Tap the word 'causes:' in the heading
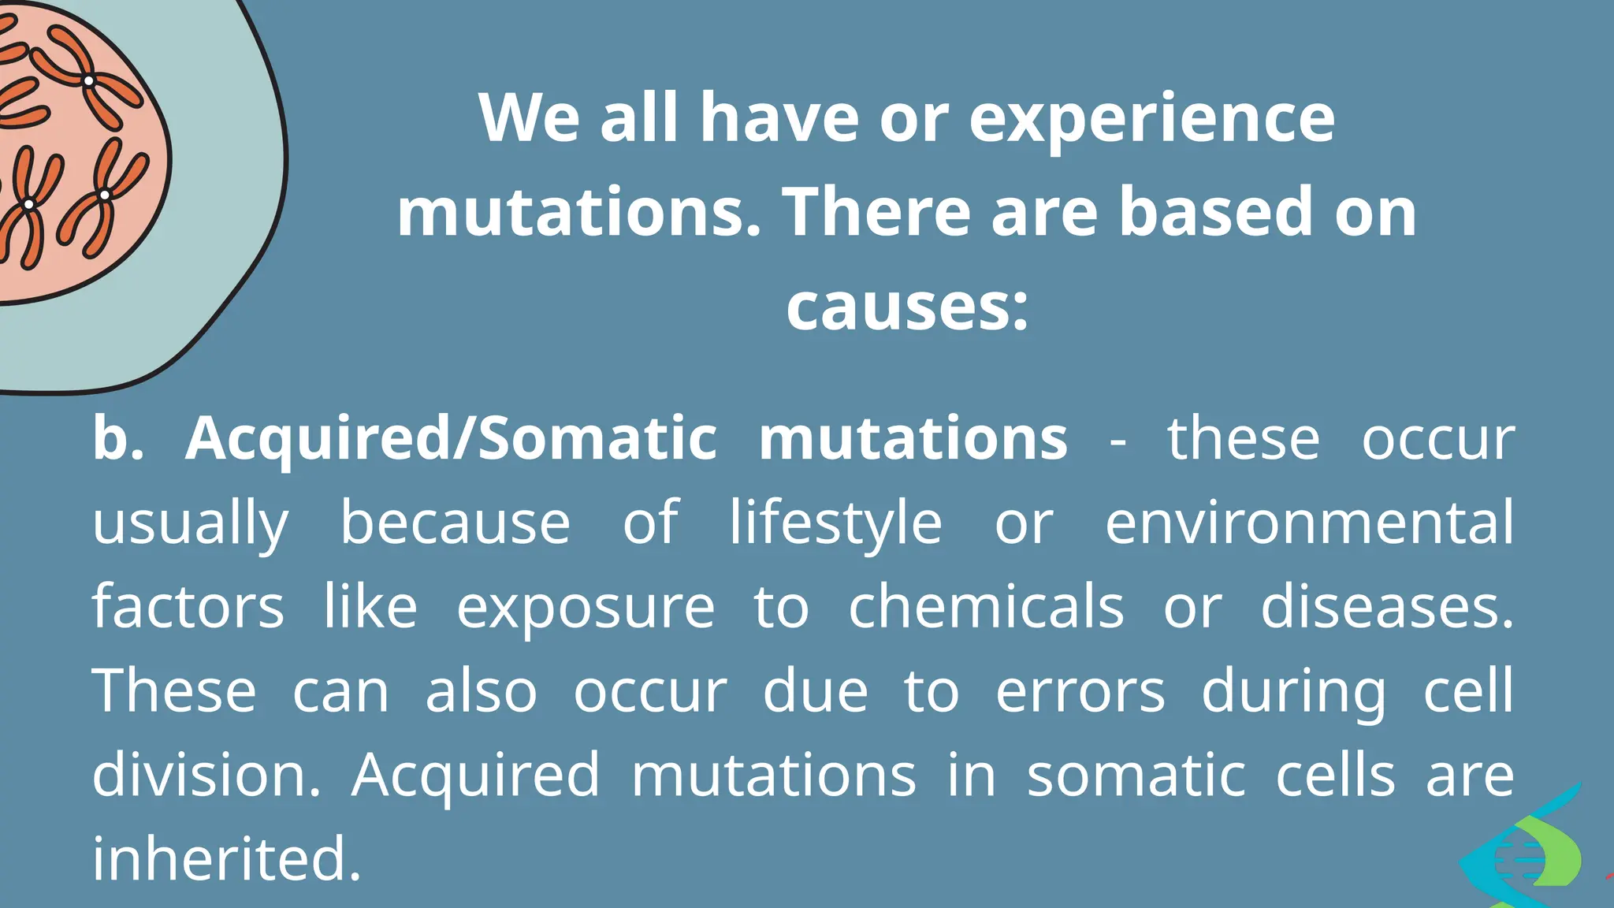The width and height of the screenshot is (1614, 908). click(907, 306)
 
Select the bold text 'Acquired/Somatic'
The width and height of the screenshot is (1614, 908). click(450, 438)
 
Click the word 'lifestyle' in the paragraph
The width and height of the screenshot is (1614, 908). click(835, 523)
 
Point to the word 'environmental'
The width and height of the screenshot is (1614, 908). click(1309, 523)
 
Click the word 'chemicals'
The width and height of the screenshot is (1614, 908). click(986, 607)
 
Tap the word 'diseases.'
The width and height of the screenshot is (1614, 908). click(1387, 607)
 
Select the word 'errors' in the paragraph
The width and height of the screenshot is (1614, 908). click(1080, 691)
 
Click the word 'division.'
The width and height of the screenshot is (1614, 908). click(206, 775)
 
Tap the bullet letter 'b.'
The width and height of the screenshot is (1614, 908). click(118, 438)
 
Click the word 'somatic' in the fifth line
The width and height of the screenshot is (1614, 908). click(1136, 775)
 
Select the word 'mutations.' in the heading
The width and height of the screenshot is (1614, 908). click(579, 213)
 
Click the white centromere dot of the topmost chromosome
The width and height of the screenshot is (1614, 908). click(89, 80)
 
